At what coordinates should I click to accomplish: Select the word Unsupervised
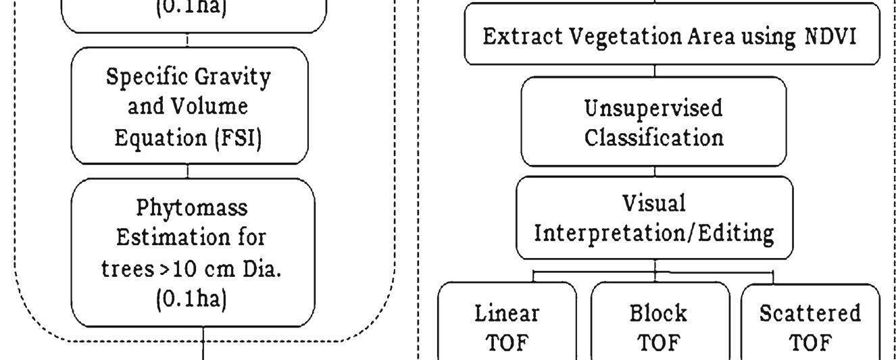pos(653,108)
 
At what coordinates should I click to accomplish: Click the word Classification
pos(654,138)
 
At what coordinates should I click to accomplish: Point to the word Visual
pos(654,203)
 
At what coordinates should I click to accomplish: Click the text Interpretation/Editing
pos(654,234)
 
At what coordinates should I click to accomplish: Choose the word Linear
pos(507,313)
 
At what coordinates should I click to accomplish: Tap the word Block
pos(658,313)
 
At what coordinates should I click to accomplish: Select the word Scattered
pos(810,313)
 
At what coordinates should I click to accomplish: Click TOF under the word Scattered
pos(810,343)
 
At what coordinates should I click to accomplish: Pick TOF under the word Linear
pos(507,343)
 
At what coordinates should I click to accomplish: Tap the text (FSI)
pos(239,138)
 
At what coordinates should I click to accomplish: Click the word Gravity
pos(232,77)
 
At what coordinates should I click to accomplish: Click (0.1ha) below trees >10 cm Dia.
pos(192,299)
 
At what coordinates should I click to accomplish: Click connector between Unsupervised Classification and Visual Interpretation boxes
pos(655,172)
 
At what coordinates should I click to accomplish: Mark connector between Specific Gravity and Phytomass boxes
pos(188,171)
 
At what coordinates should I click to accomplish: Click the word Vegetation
pos(626,37)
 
